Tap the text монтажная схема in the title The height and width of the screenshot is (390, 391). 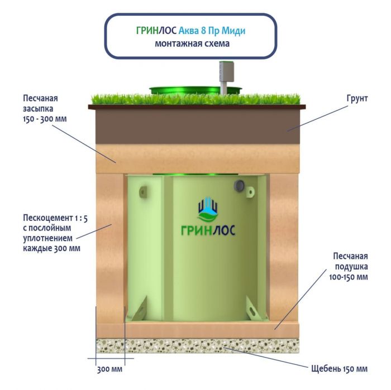192,43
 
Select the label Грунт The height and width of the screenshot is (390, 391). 357,98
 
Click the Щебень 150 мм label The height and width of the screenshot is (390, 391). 339,369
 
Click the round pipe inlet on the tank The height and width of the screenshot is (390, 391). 240,185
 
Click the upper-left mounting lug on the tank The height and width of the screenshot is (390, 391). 143,191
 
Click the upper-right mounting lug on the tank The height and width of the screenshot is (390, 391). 250,192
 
